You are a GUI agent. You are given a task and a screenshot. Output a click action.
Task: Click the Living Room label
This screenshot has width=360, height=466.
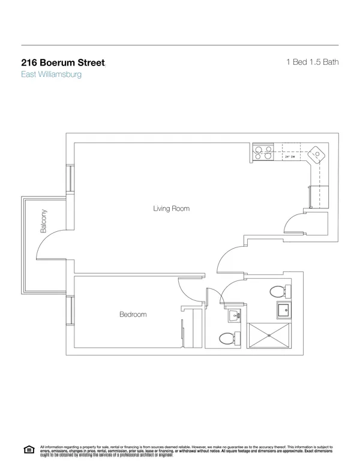point(171,209)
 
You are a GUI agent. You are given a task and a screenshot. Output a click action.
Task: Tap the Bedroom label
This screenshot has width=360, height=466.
point(133,314)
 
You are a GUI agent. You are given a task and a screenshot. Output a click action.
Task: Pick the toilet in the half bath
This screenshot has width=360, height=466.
point(226,339)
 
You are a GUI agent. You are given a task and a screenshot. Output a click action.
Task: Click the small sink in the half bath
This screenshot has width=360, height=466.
point(234,315)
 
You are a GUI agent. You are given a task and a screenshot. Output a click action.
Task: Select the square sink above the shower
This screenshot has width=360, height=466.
point(283,310)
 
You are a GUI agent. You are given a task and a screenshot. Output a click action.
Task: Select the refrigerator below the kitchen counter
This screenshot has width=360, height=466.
point(320,196)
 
